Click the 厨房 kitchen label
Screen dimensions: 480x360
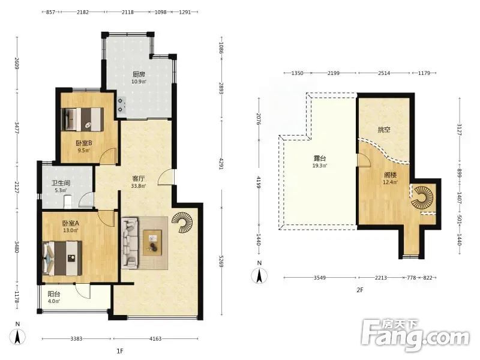tap(139, 74)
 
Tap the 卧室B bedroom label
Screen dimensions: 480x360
tap(84, 143)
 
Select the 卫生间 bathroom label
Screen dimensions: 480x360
tap(61, 183)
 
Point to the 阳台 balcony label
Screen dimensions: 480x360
tap(54, 294)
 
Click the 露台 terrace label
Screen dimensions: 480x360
tap(320, 158)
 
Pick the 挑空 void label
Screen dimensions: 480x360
tap(384, 130)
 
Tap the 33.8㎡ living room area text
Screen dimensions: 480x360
tap(139, 186)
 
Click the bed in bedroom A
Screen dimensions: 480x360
tap(62, 258)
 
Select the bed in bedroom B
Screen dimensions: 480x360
tap(83, 119)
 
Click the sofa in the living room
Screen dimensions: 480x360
tap(130, 242)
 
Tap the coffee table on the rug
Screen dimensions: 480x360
tap(153, 242)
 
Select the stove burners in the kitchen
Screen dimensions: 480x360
tap(121, 104)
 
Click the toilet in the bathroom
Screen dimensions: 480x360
tap(68, 202)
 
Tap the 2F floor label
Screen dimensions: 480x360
tap(359, 290)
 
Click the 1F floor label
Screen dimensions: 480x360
tap(119, 351)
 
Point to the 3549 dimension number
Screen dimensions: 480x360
tap(320, 278)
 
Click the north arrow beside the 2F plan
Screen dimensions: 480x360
tap(259, 275)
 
